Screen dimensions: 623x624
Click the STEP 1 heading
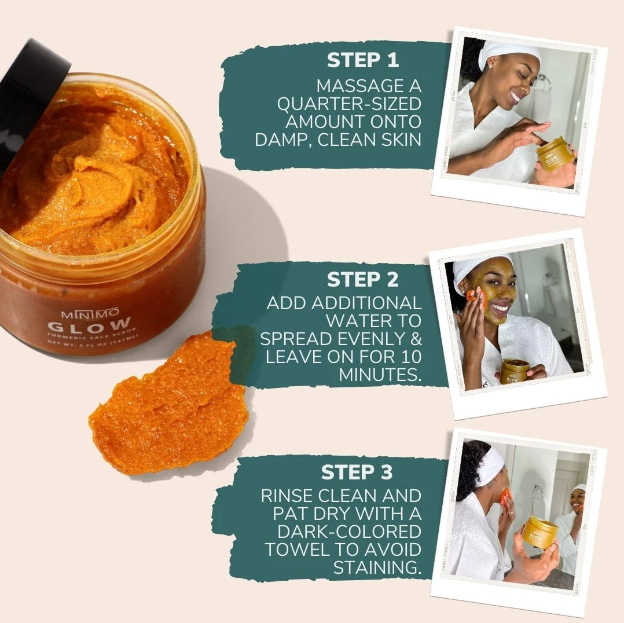[362, 60]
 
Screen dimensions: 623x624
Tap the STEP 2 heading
[362, 280]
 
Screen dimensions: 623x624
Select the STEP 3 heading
[357, 472]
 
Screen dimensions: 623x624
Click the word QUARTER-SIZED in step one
[348, 105]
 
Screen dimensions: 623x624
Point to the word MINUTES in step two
[380, 375]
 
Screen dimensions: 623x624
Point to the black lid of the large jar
[29, 93]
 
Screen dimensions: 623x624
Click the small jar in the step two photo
[514, 371]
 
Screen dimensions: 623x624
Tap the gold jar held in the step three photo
[539, 532]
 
